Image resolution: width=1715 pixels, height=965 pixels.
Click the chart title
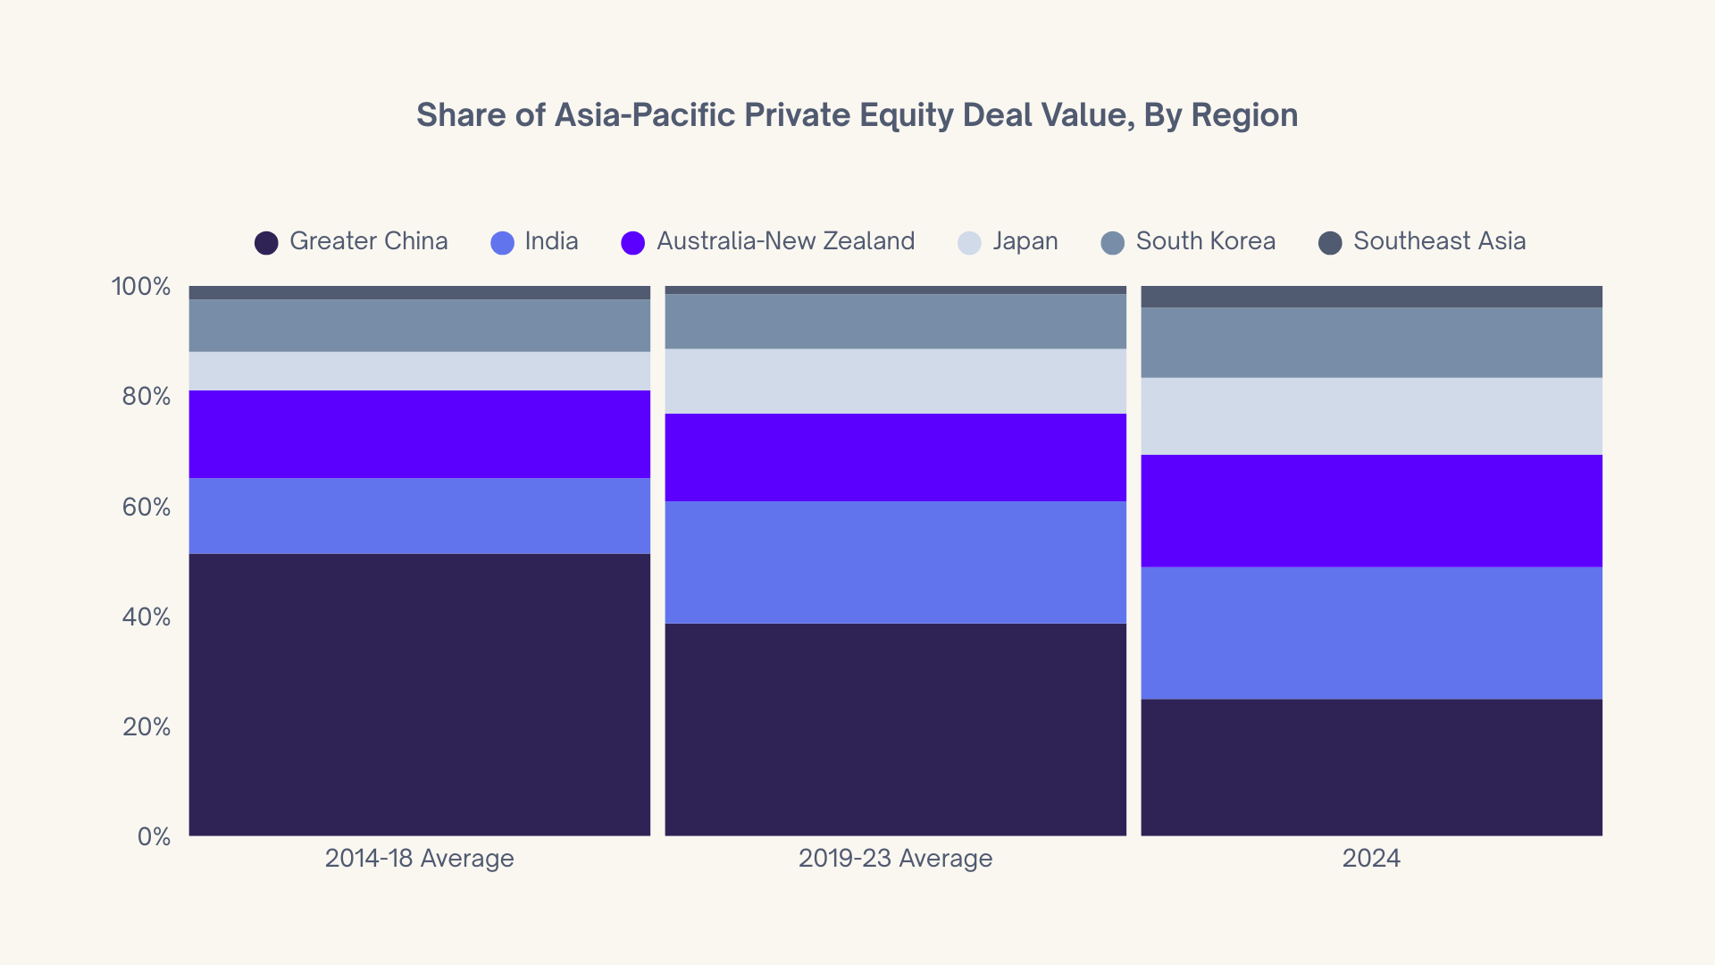(x=857, y=115)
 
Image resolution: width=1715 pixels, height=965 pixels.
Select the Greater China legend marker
(x=266, y=242)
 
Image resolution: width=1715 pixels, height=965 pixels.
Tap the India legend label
(x=551, y=241)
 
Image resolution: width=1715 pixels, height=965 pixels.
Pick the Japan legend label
(x=1025, y=241)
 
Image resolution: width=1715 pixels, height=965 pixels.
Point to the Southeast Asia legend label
(x=1439, y=241)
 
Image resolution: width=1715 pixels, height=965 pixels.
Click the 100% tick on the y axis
(x=141, y=287)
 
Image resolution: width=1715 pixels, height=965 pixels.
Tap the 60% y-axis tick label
(x=146, y=508)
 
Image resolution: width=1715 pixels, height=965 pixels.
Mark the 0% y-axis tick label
(x=154, y=837)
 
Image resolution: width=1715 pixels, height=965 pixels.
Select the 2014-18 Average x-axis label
(x=419, y=859)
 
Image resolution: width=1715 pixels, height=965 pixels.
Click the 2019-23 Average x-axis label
(x=895, y=859)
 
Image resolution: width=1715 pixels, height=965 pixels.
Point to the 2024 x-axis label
(x=1371, y=859)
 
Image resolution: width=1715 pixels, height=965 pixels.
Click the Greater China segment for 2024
(x=1371, y=768)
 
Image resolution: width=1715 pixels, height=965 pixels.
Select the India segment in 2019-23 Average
(x=895, y=562)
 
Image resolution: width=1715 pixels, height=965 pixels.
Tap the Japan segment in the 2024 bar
(x=1371, y=416)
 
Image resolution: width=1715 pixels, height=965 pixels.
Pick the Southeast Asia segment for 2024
(x=1371, y=297)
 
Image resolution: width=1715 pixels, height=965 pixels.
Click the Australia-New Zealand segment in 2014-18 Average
(x=419, y=434)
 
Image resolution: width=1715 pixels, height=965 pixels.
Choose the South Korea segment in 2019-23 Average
(x=895, y=322)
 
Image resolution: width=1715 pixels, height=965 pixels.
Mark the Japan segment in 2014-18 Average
(x=419, y=371)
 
